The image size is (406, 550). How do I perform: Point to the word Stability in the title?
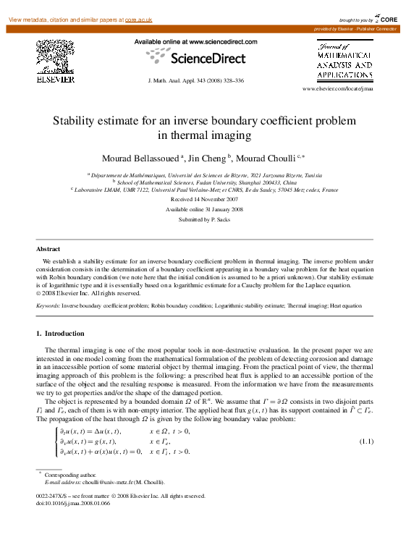pyautogui.click(x=75, y=120)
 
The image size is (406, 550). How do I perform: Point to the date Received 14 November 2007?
pyautogui.click(x=203, y=198)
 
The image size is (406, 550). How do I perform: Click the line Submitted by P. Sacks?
pyautogui.click(x=203, y=219)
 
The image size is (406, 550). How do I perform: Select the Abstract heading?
pyautogui.click(x=48, y=248)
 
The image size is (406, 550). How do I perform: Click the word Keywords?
pyautogui.click(x=48, y=306)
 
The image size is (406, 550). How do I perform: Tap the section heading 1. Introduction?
pyautogui.click(x=60, y=334)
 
